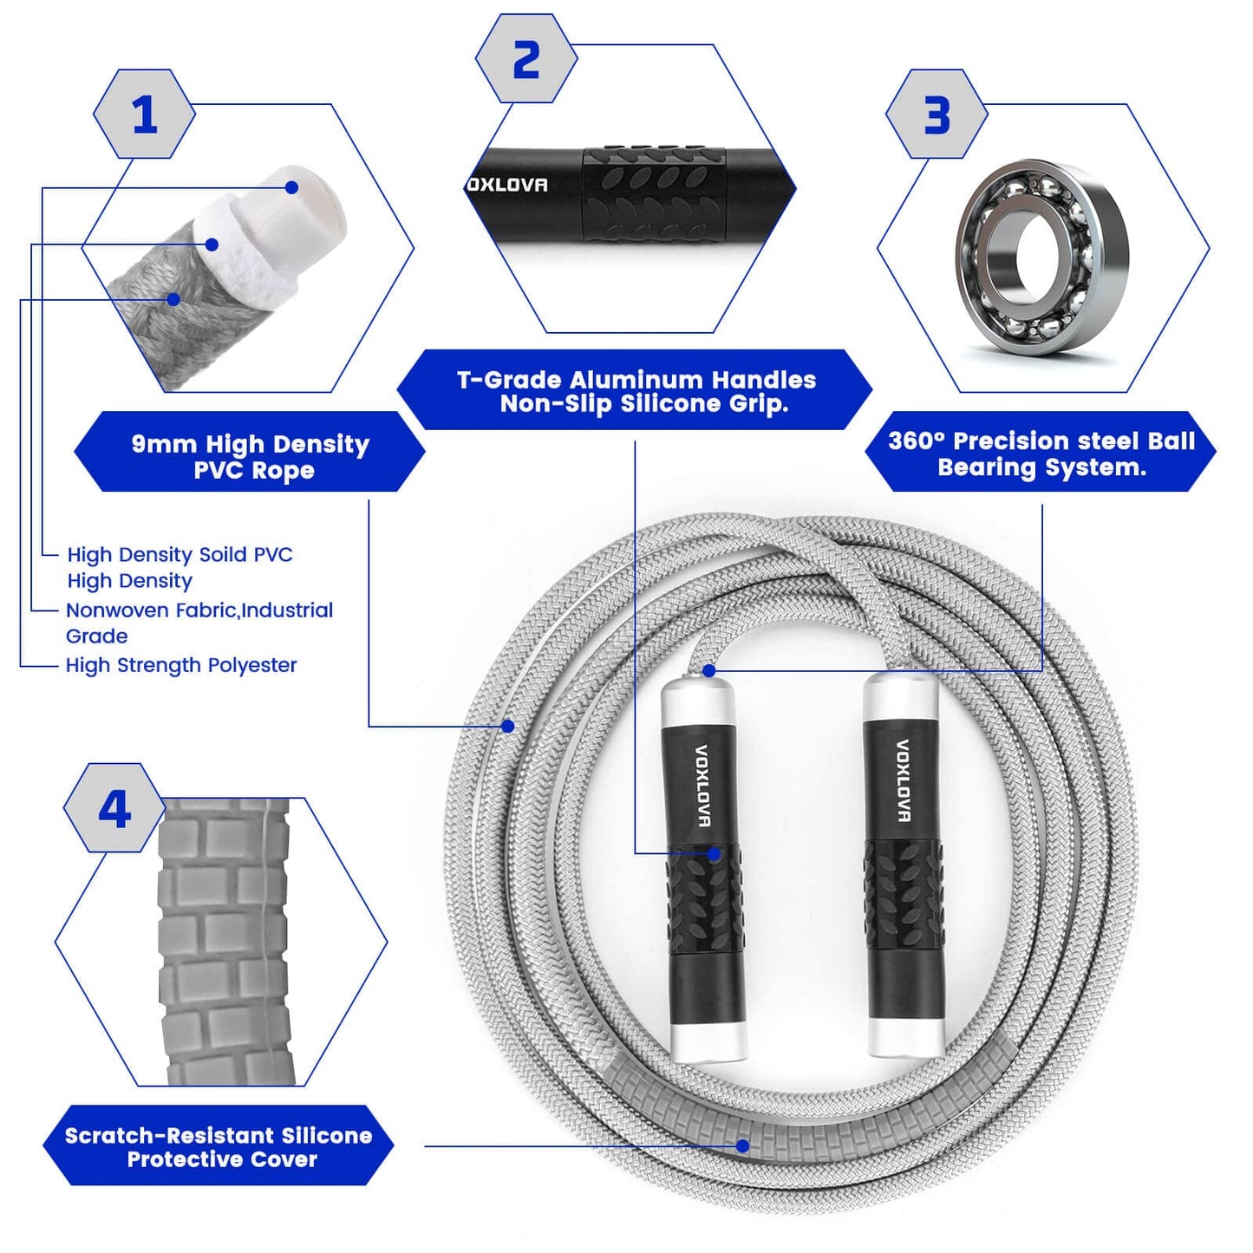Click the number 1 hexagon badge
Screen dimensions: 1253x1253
pyautogui.click(x=144, y=114)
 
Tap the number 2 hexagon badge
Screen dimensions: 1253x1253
pyautogui.click(x=526, y=59)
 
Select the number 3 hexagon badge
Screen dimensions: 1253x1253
pyautogui.click(x=936, y=114)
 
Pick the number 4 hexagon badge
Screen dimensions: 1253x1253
pyautogui.click(x=114, y=808)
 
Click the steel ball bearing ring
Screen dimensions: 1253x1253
pyautogui.click(x=1041, y=257)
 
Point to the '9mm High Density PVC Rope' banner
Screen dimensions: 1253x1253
pyautogui.click(x=250, y=456)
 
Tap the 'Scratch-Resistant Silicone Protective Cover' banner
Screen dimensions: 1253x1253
pyautogui.click(x=219, y=1146)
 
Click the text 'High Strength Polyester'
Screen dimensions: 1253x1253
pyautogui.click(x=181, y=665)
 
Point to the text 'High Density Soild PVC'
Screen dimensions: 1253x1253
pyautogui.click(x=180, y=554)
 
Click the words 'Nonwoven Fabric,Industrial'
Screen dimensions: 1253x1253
pyautogui.click(x=199, y=610)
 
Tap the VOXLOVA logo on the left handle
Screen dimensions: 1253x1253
pyautogui.click(x=702, y=786)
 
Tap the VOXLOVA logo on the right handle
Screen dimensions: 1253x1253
pyautogui.click(x=903, y=780)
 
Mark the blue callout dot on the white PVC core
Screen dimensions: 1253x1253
pyautogui.click(x=292, y=187)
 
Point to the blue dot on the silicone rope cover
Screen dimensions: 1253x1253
pyautogui.click(x=743, y=1145)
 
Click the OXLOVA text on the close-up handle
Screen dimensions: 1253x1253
pyautogui.click(x=507, y=185)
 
